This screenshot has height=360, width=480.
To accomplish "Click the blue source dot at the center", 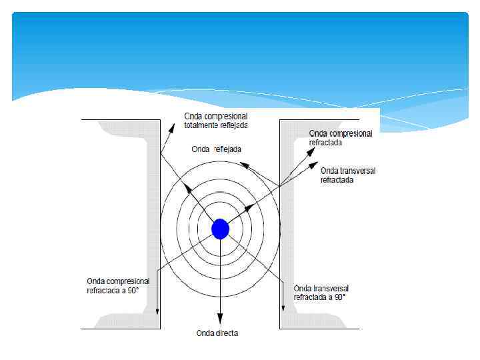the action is (x=220, y=229).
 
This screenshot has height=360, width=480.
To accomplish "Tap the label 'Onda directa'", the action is (x=217, y=333).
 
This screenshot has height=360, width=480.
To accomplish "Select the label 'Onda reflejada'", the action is (x=217, y=149).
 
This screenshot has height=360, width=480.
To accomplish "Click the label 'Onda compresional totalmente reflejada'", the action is (x=216, y=121).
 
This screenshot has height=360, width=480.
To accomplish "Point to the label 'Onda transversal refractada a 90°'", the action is (x=321, y=293).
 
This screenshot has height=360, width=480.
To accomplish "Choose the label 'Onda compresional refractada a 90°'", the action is (x=118, y=286).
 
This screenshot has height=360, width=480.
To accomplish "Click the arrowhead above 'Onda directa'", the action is (x=220, y=321).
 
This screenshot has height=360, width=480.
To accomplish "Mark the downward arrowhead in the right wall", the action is (x=283, y=309).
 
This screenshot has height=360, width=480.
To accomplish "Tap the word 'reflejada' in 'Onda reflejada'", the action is (x=227, y=149).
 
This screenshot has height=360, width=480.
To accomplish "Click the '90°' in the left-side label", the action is (x=131, y=291).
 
